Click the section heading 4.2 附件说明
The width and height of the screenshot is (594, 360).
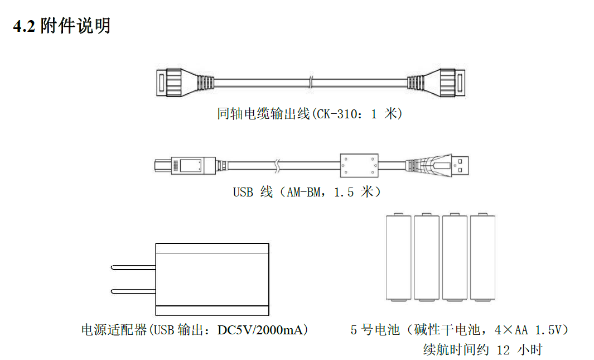tap(61, 26)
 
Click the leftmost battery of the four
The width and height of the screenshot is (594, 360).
tap(399, 258)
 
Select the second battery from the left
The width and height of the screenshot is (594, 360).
tap(427, 258)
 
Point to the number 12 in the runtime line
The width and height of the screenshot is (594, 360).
tap(503, 350)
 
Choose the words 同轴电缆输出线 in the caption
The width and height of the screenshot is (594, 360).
tap(263, 114)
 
